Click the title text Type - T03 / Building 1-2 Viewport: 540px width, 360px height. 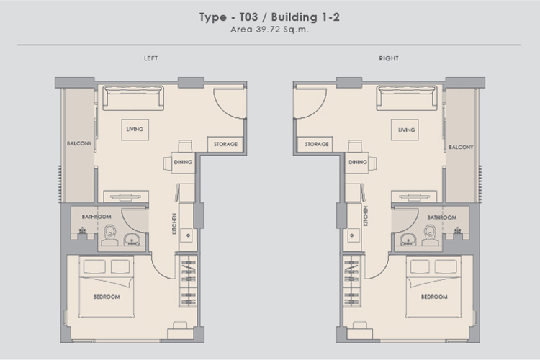coord(269,17)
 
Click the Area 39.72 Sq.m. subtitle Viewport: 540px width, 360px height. coord(269,30)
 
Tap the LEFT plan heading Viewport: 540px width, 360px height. coord(151,58)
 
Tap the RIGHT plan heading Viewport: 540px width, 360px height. coord(389,58)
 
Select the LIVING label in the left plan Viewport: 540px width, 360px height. coord(135,129)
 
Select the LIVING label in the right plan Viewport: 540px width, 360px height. coord(406,130)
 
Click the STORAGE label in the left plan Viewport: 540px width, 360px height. coord(225,144)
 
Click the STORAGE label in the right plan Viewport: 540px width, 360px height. coord(317,144)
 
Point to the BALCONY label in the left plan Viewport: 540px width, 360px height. coord(79,143)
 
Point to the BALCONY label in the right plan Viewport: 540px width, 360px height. coord(461,147)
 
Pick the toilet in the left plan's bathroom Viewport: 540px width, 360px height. coord(110,235)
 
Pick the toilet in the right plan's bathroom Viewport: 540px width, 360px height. coord(430,235)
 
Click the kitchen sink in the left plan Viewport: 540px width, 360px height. coord(188,235)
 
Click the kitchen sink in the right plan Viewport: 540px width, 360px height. coord(352,235)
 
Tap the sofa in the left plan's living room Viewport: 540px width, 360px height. coord(133,98)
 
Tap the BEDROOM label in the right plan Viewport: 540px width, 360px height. coord(434,297)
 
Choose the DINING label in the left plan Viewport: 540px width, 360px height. coord(183,162)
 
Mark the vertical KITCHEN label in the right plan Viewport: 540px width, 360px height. coord(366,216)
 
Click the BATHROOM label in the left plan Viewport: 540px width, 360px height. coord(96,217)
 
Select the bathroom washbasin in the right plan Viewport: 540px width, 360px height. coord(408,240)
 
